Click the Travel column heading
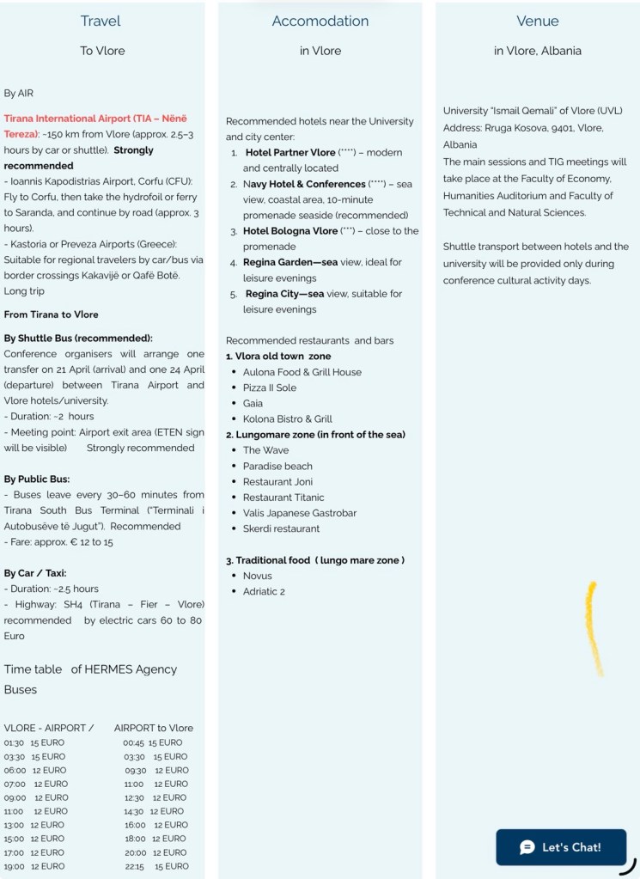[x=101, y=21]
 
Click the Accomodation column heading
[x=320, y=21]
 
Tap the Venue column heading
[x=538, y=21]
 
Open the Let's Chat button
[x=561, y=847]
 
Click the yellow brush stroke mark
[x=594, y=627]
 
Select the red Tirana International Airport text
[x=94, y=119]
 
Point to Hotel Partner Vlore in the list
[x=290, y=152]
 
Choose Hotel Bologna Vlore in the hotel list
[x=290, y=231]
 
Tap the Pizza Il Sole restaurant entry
[x=270, y=388]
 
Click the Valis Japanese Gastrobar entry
[x=300, y=513]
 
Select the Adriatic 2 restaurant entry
[x=264, y=591]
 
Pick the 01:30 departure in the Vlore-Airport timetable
[x=14, y=742]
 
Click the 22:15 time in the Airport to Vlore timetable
[x=133, y=866]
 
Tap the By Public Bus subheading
[x=37, y=479]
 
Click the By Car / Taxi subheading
[x=35, y=573]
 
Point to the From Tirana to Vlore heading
[x=51, y=314]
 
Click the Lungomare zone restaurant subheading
[x=315, y=435]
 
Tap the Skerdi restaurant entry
[x=281, y=528]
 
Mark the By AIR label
[x=19, y=93]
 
